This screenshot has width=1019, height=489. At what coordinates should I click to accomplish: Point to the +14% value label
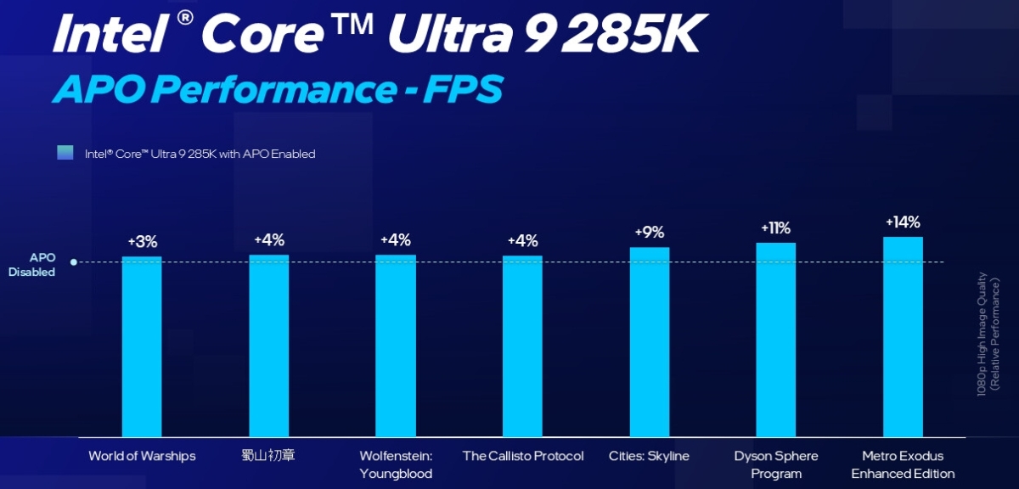pyautogui.click(x=903, y=222)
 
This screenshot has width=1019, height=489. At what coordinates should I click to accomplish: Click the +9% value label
pyautogui.click(x=650, y=233)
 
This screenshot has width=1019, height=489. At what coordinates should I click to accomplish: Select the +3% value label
pyautogui.click(x=143, y=242)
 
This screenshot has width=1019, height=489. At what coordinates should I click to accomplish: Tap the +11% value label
pyautogui.click(x=776, y=228)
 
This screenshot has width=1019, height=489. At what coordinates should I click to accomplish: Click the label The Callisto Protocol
pyautogui.click(x=523, y=456)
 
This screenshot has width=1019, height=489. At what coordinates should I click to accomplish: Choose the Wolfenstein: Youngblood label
pyautogui.click(x=396, y=464)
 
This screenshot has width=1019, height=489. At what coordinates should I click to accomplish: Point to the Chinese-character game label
pyautogui.click(x=268, y=456)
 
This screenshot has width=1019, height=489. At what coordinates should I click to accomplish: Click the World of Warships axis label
pyautogui.click(x=142, y=456)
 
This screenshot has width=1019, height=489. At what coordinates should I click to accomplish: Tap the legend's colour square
pyautogui.click(x=65, y=154)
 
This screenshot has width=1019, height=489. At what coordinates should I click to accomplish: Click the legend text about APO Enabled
pyautogui.click(x=200, y=155)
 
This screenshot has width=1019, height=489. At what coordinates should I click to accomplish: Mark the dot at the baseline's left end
pyautogui.click(x=74, y=262)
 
